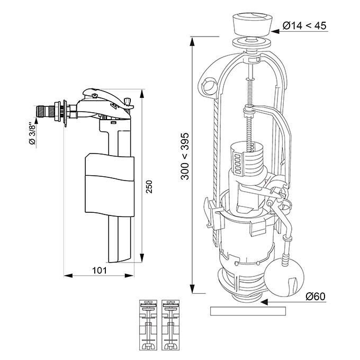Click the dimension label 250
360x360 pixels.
(x=149, y=187)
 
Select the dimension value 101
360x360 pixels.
(x=100, y=271)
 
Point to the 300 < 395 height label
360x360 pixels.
(x=185, y=156)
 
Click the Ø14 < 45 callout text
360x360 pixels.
(x=304, y=25)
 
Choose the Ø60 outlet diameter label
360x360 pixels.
(x=316, y=296)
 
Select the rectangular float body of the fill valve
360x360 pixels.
(x=110, y=185)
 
